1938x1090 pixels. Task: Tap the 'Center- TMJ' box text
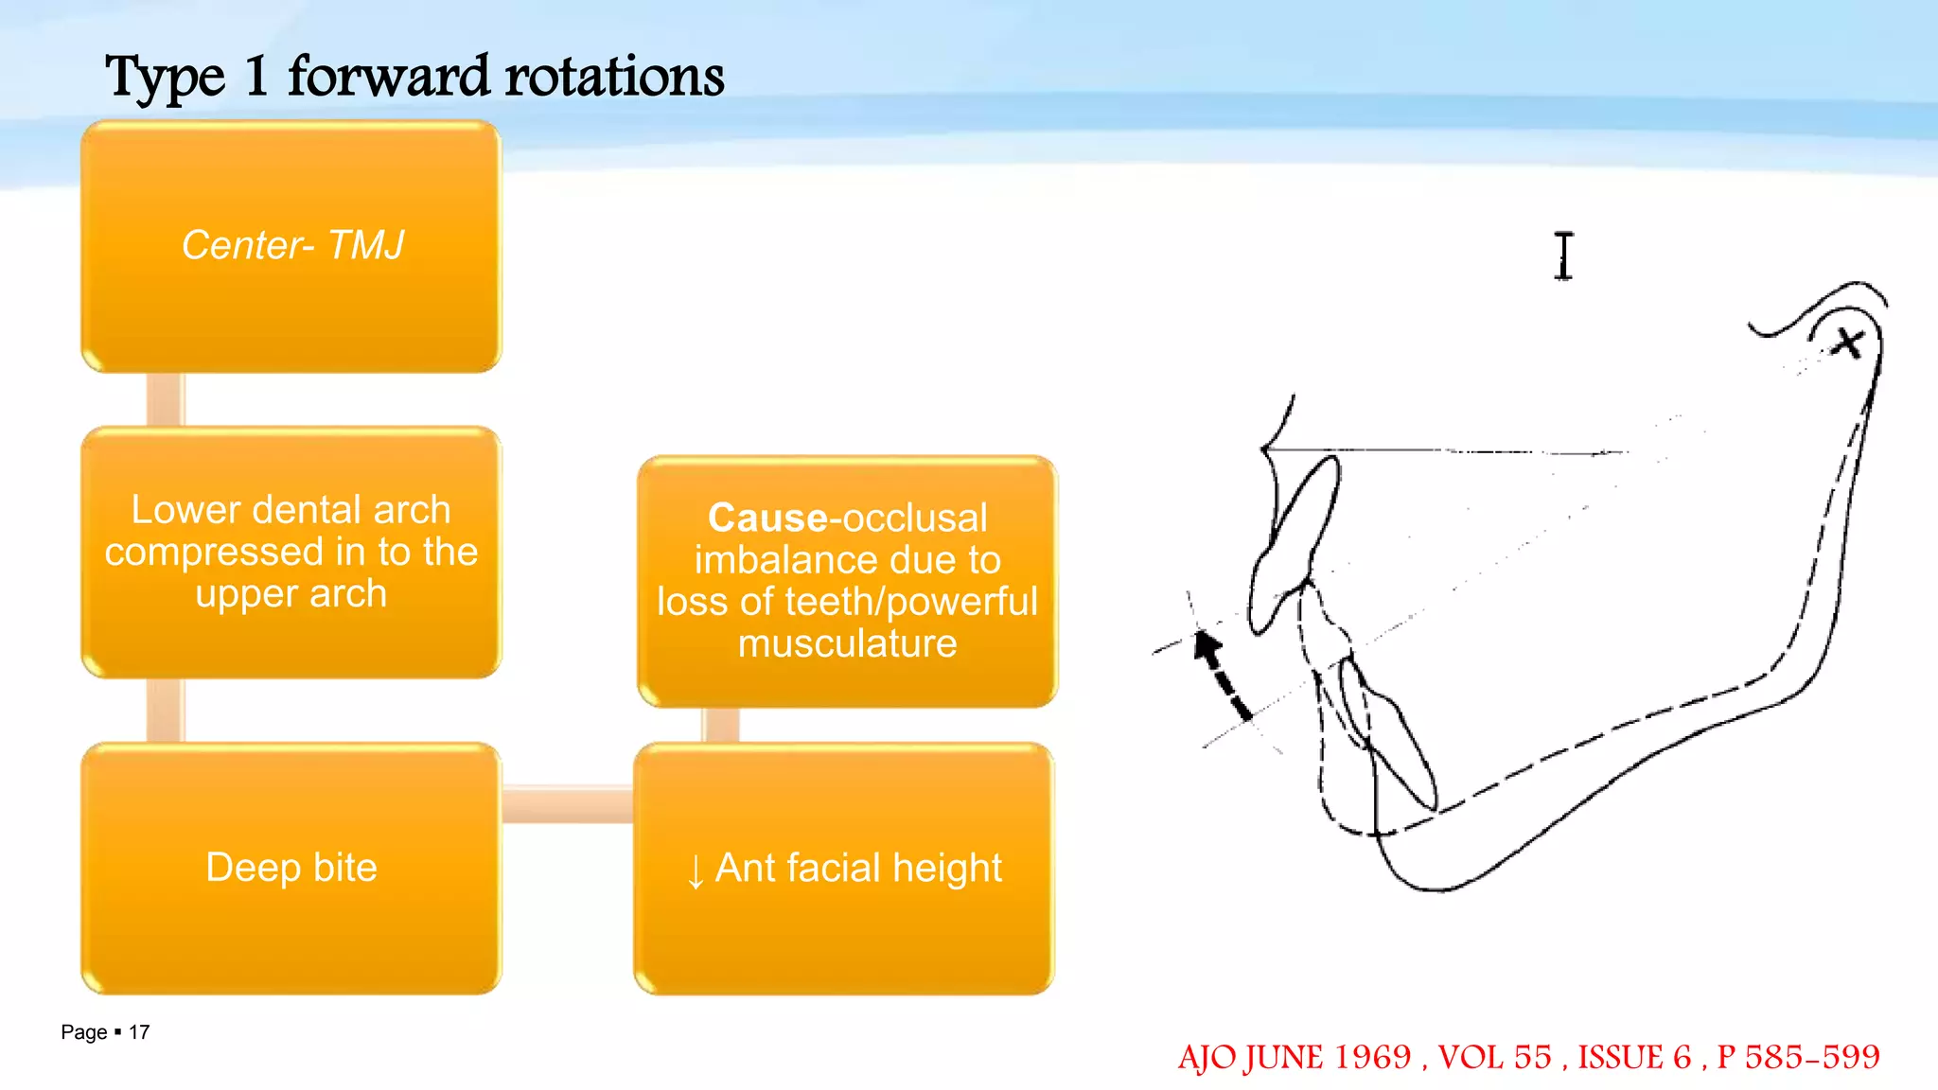coord(291,245)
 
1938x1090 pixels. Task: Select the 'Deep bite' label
coord(291,867)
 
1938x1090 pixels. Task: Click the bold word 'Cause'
coord(766,518)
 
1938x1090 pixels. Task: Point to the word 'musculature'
coord(847,643)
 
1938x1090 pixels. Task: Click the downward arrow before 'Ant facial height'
coord(696,870)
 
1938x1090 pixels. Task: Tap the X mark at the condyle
coord(1846,343)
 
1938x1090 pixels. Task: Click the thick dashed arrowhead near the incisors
coord(1206,647)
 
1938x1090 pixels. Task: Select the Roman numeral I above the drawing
coord(1563,255)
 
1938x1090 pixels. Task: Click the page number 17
coord(139,1032)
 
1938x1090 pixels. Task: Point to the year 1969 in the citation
coord(1372,1057)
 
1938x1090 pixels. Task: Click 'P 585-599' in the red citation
coord(1798,1057)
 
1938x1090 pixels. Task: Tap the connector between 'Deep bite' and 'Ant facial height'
coord(567,804)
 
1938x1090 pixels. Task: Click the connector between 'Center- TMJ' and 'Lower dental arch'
coord(165,399)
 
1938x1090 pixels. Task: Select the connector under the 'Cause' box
coord(721,725)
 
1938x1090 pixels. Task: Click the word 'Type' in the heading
coord(166,78)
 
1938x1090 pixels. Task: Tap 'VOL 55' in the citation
coord(1495,1057)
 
